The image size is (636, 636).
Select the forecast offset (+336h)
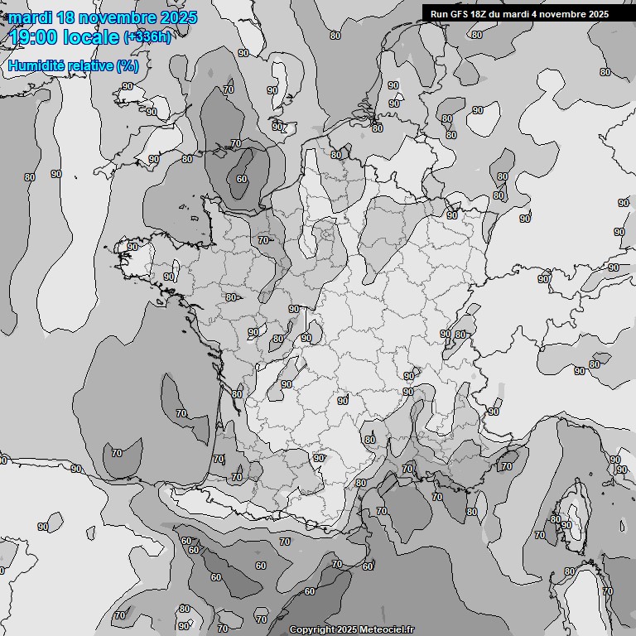148,37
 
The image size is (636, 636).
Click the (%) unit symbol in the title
127,65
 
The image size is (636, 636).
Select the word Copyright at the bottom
311,630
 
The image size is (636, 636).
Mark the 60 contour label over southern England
241,179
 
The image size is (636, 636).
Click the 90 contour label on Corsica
566,525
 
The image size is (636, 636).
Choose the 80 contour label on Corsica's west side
555,519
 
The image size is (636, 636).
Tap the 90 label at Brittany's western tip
132,247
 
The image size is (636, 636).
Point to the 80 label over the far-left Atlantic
30,177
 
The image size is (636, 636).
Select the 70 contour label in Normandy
263,240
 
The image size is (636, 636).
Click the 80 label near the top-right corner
605,72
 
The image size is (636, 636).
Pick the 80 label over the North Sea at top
335,36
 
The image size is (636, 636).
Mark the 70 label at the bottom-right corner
608,591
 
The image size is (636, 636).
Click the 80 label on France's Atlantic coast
237,394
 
